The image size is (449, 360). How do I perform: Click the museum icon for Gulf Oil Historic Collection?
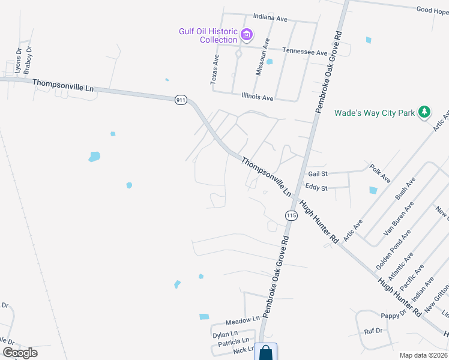coord(246,35)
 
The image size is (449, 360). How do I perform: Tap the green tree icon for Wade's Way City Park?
coord(424,112)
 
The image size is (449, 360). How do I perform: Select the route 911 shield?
coord(181,100)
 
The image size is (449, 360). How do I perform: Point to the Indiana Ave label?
coord(271,18)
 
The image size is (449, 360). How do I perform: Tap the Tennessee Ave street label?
coord(305,52)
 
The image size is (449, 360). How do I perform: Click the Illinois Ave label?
coord(257,97)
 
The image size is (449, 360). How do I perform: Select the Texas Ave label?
coord(215,67)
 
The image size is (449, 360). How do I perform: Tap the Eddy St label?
coord(316,188)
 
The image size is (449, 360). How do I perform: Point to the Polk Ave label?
coord(380,173)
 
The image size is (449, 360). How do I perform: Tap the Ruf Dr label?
coord(373,331)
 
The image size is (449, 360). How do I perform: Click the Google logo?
coord(20,353)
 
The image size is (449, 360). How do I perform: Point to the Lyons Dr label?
coord(18,61)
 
